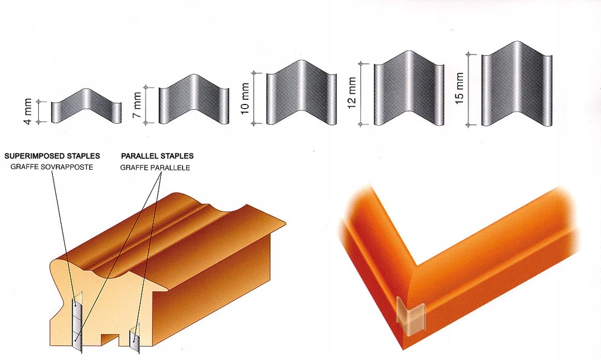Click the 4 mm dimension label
28,112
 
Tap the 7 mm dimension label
137,105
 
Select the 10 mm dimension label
245,99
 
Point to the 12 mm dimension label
352,93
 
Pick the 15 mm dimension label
459,88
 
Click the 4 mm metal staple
86,106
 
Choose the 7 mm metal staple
194,100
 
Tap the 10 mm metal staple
301,93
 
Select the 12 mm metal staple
409,88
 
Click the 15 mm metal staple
516,83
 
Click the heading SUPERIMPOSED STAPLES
52,156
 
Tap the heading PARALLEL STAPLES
157,156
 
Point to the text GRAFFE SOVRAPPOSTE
52,167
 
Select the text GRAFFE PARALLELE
155,167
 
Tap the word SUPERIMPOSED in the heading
35,156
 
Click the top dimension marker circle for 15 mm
468,55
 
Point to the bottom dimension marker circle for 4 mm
38,122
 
